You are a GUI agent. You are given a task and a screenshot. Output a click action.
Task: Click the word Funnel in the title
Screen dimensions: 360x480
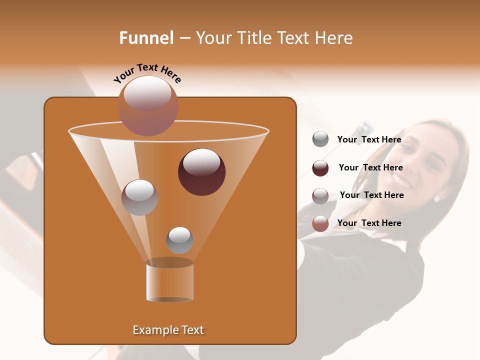[x=146, y=38]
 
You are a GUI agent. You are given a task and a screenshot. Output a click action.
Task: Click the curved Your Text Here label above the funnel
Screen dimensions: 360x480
[x=147, y=73]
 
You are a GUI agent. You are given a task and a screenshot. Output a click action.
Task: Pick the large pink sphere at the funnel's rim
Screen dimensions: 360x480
[x=147, y=106]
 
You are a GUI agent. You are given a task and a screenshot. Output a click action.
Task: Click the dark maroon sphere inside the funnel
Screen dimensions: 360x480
[x=201, y=171]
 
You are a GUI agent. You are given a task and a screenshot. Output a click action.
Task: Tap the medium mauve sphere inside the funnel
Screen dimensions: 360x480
[x=139, y=197]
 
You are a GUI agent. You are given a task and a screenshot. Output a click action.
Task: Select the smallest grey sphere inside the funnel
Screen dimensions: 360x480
[x=179, y=240]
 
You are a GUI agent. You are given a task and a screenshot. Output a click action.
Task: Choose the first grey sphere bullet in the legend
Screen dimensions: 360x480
[x=320, y=139]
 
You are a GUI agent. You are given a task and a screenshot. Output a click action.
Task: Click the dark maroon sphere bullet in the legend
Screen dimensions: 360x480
[x=320, y=168]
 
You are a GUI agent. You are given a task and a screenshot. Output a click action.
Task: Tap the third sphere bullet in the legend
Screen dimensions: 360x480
[x=320, y=196]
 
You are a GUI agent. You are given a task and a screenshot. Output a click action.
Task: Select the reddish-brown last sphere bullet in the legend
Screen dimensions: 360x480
[x=320, y=223]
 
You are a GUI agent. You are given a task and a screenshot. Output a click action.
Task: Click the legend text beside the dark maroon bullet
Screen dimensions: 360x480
[x=370, y=167]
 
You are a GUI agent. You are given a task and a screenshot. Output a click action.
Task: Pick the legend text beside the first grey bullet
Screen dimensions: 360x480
[x=369, y=139]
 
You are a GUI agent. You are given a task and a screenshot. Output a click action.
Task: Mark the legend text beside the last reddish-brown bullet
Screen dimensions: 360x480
[x=369, y=223]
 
